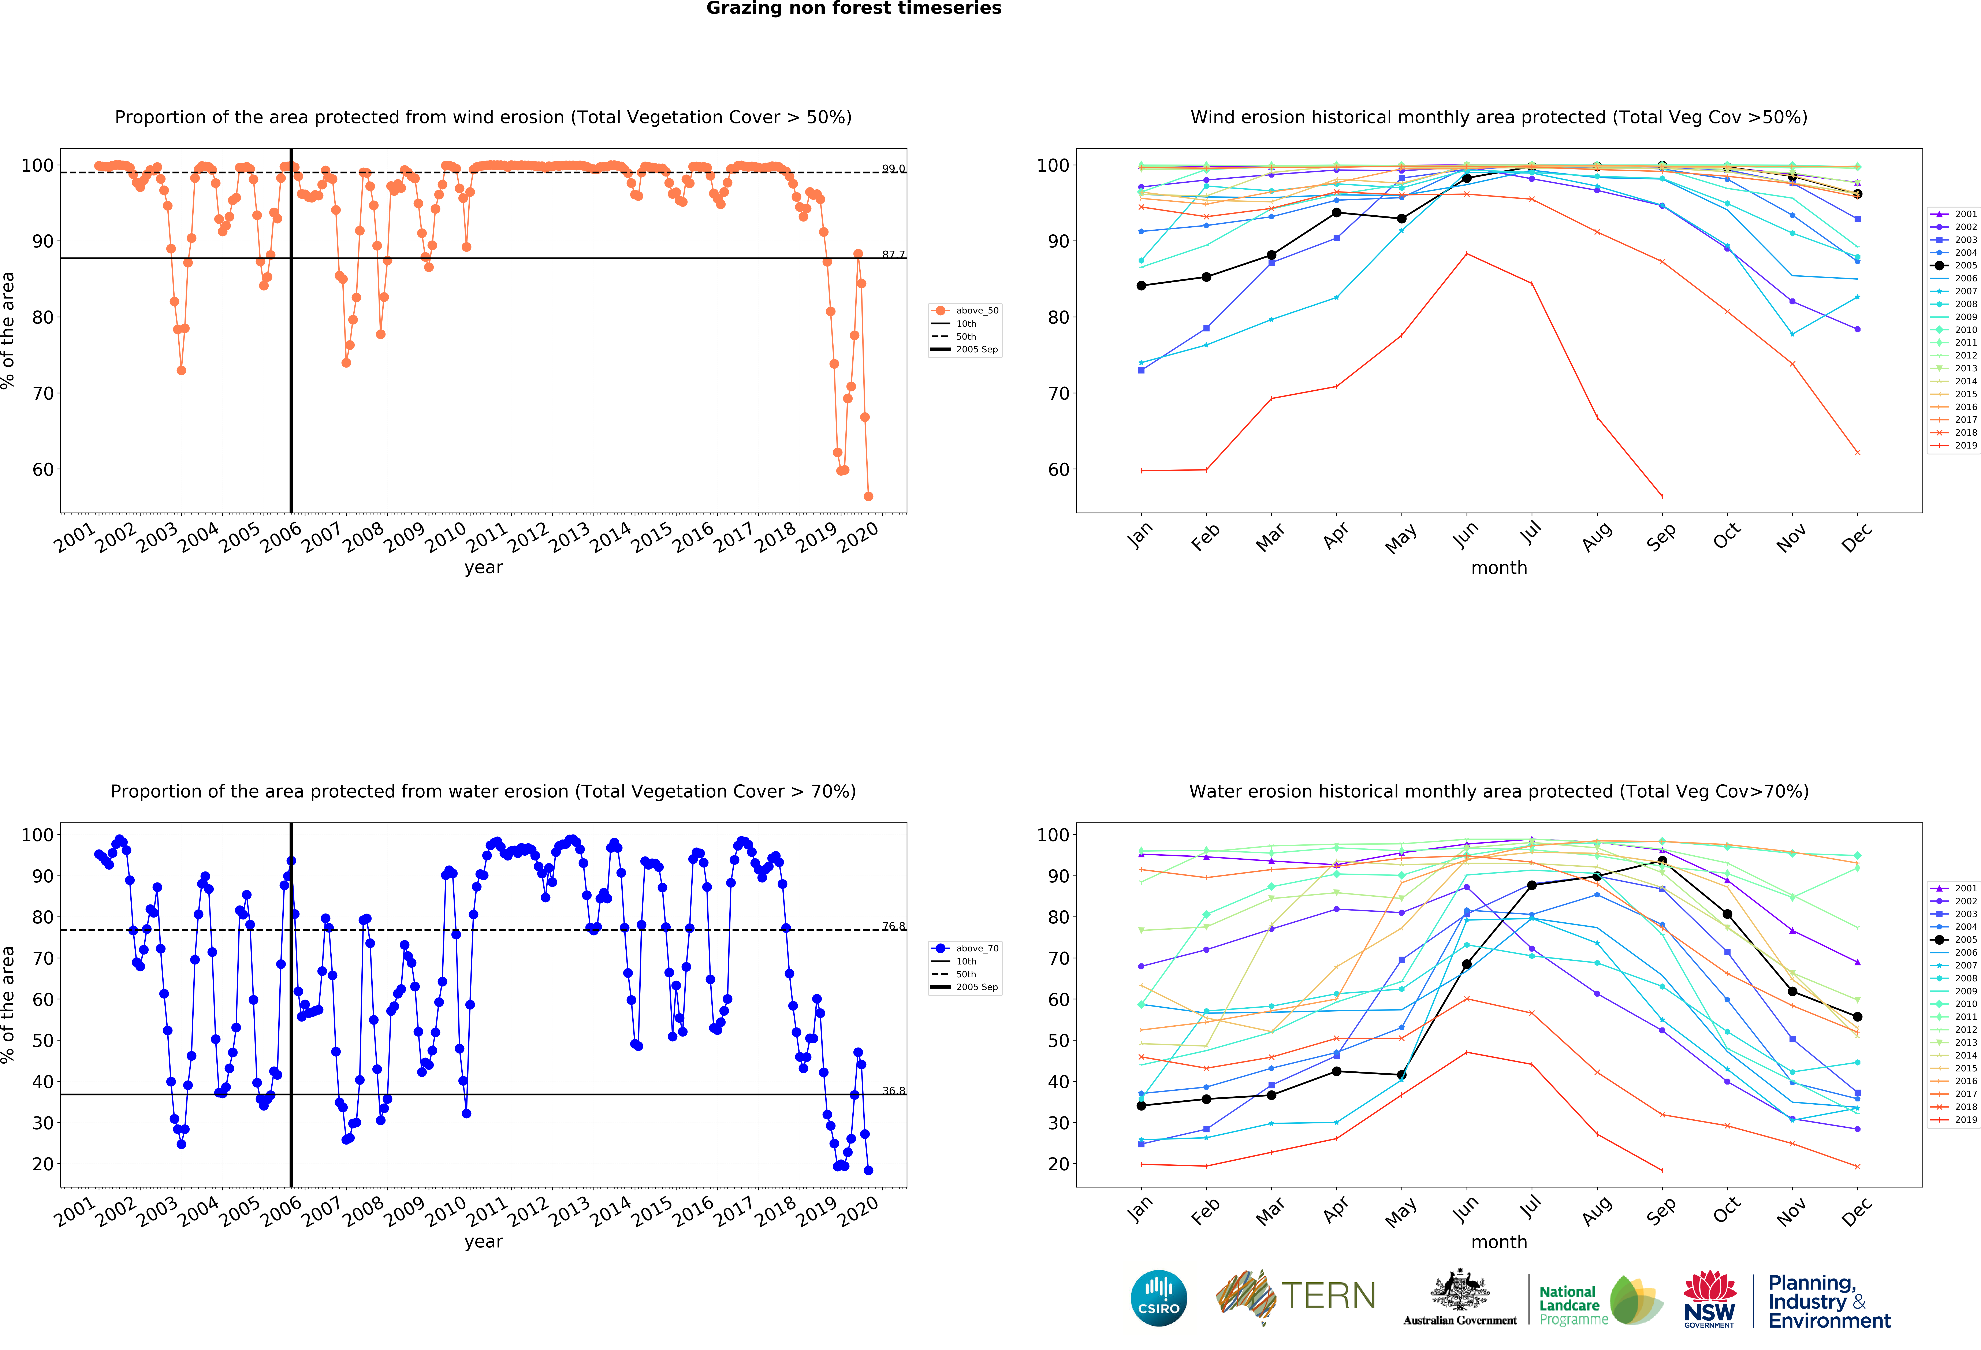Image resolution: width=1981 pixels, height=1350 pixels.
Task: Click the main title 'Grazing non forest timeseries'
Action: tap(853, 8)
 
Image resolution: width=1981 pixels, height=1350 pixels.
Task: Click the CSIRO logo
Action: tap(1158, 1298)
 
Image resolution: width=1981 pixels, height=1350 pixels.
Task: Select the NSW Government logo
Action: tap(1709, 1299)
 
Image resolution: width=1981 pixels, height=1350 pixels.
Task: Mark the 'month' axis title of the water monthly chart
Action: tap(1498, 1242)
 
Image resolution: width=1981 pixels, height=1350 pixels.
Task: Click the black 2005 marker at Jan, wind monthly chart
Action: tap(1141, 286)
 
